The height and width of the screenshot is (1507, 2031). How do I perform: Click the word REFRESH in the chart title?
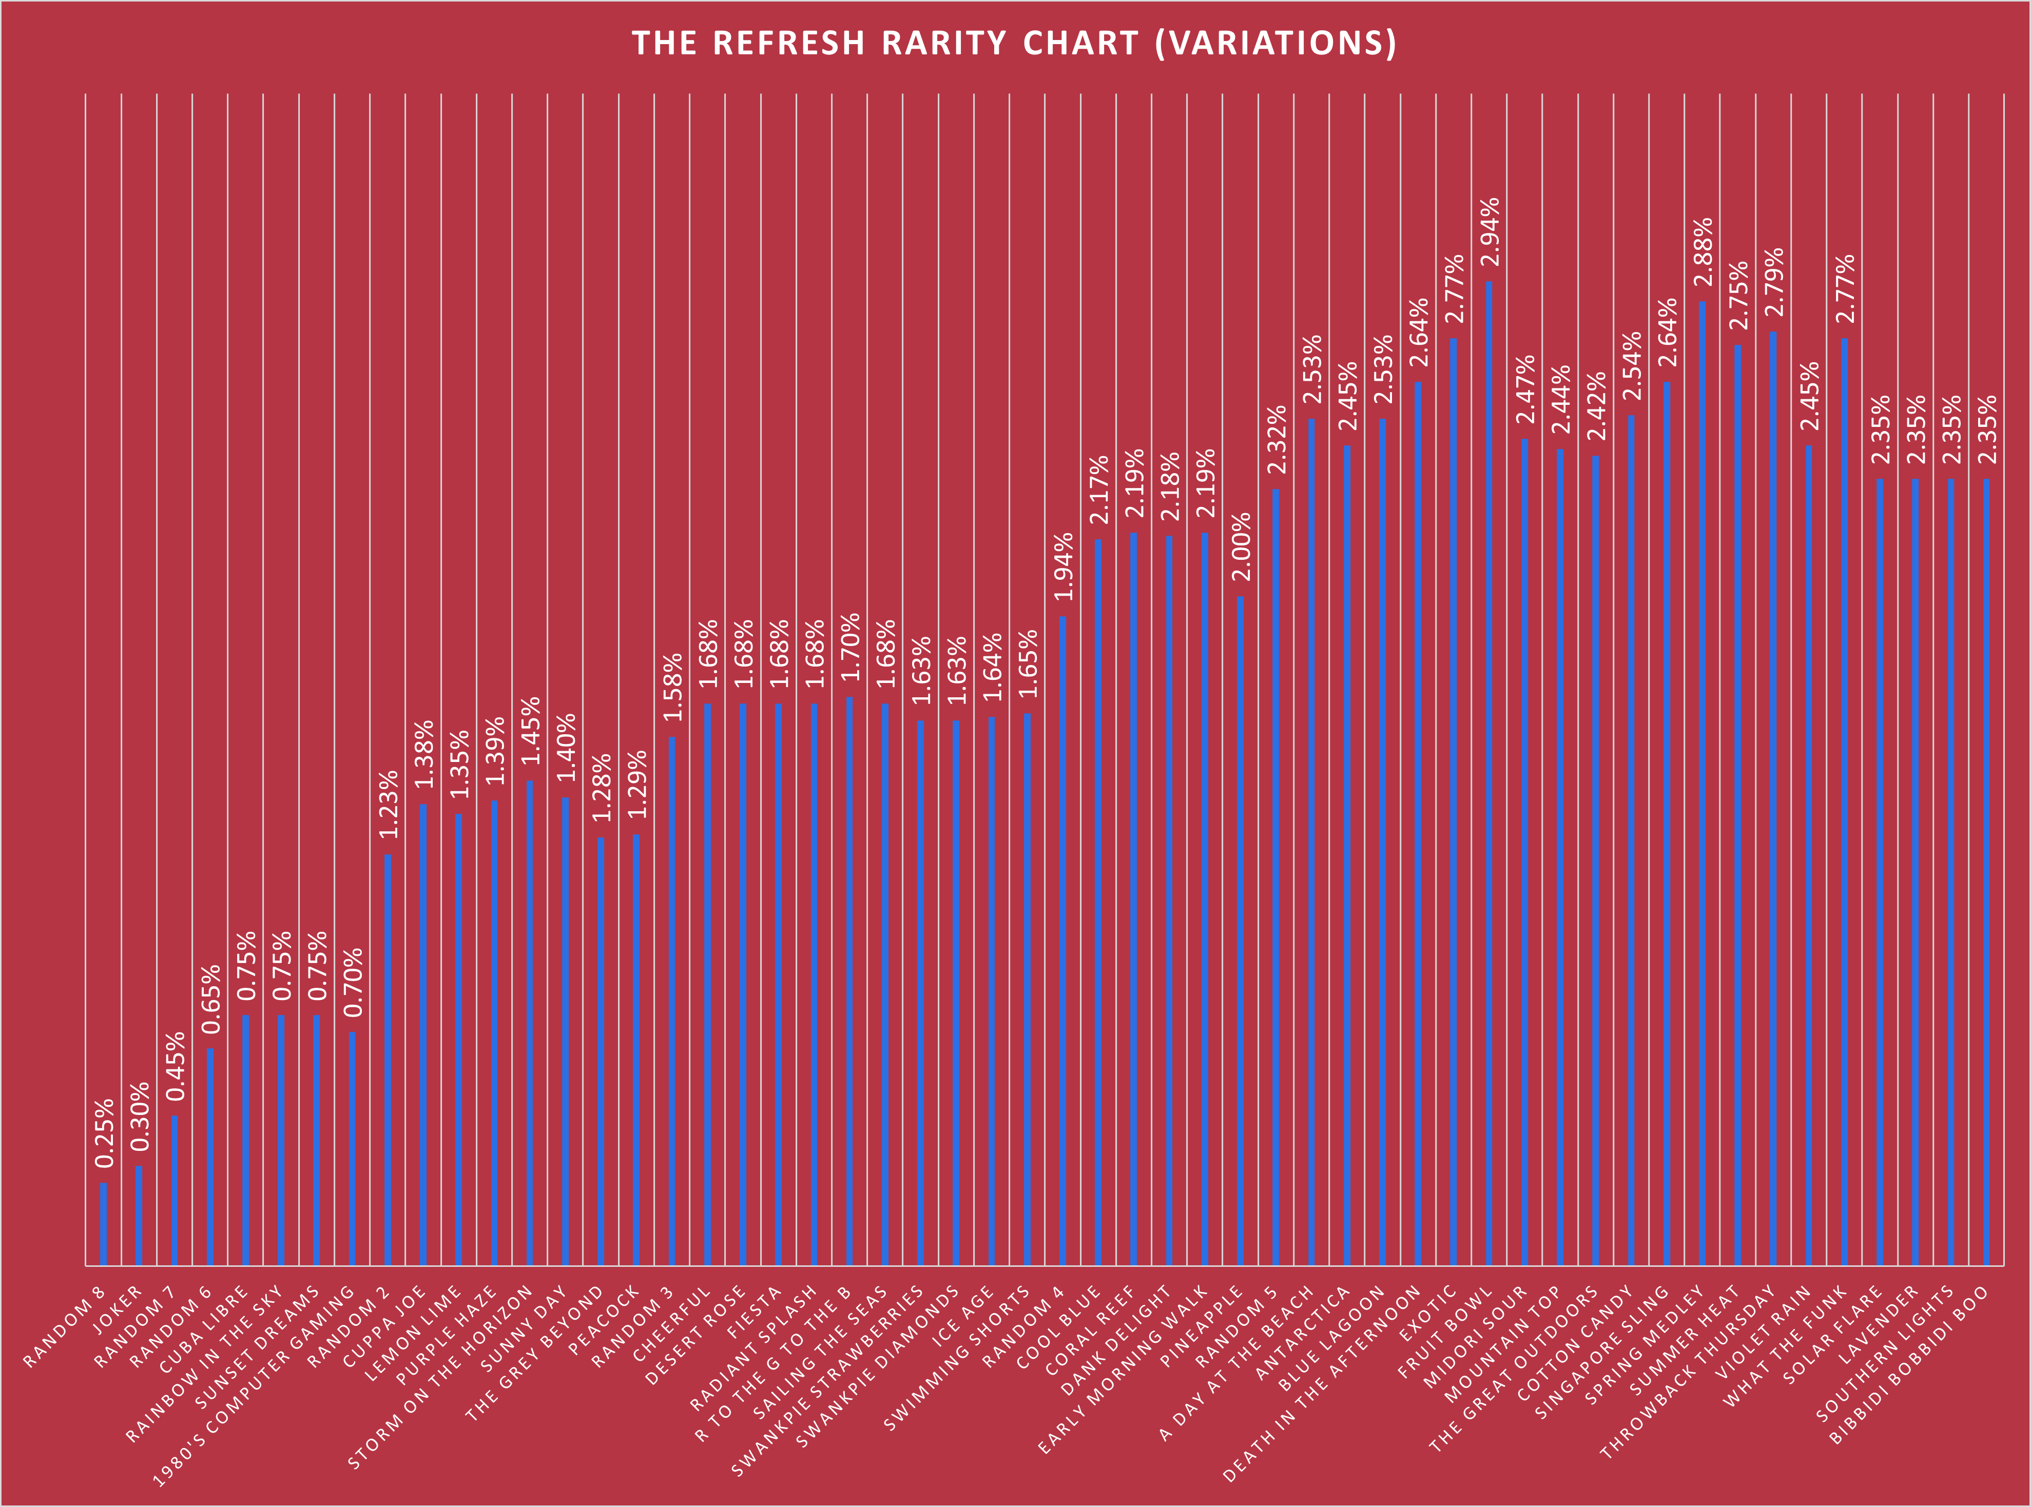(x=788, y=44)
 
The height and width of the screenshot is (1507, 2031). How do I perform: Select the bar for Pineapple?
(x=1240, y=930)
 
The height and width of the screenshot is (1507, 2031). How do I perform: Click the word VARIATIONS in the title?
(x=1275, y=44)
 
